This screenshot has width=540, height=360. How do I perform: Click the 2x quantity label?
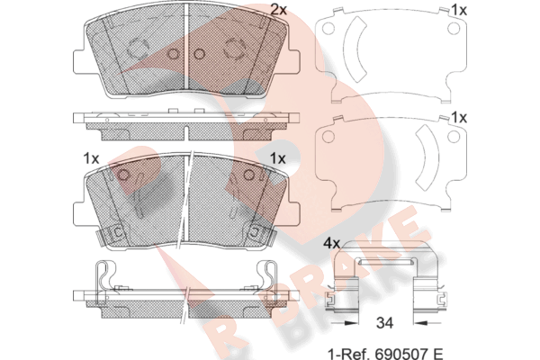click(x=278, y=10)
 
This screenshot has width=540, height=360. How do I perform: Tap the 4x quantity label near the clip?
click(x=331, y=244)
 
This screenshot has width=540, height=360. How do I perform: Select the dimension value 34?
click(x=384, y=323)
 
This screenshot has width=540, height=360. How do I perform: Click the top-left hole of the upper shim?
click(x=328, y=29)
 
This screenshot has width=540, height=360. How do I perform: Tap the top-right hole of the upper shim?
click(x=454, y=29)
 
